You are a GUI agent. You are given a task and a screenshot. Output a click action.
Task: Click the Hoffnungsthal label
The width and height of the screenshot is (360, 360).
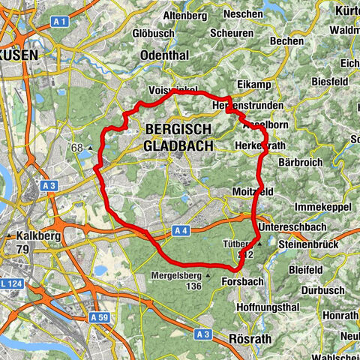263,305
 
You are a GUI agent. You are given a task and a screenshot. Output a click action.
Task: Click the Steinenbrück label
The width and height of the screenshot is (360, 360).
308,244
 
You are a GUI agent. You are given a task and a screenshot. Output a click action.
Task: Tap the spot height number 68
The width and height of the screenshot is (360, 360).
76,148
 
